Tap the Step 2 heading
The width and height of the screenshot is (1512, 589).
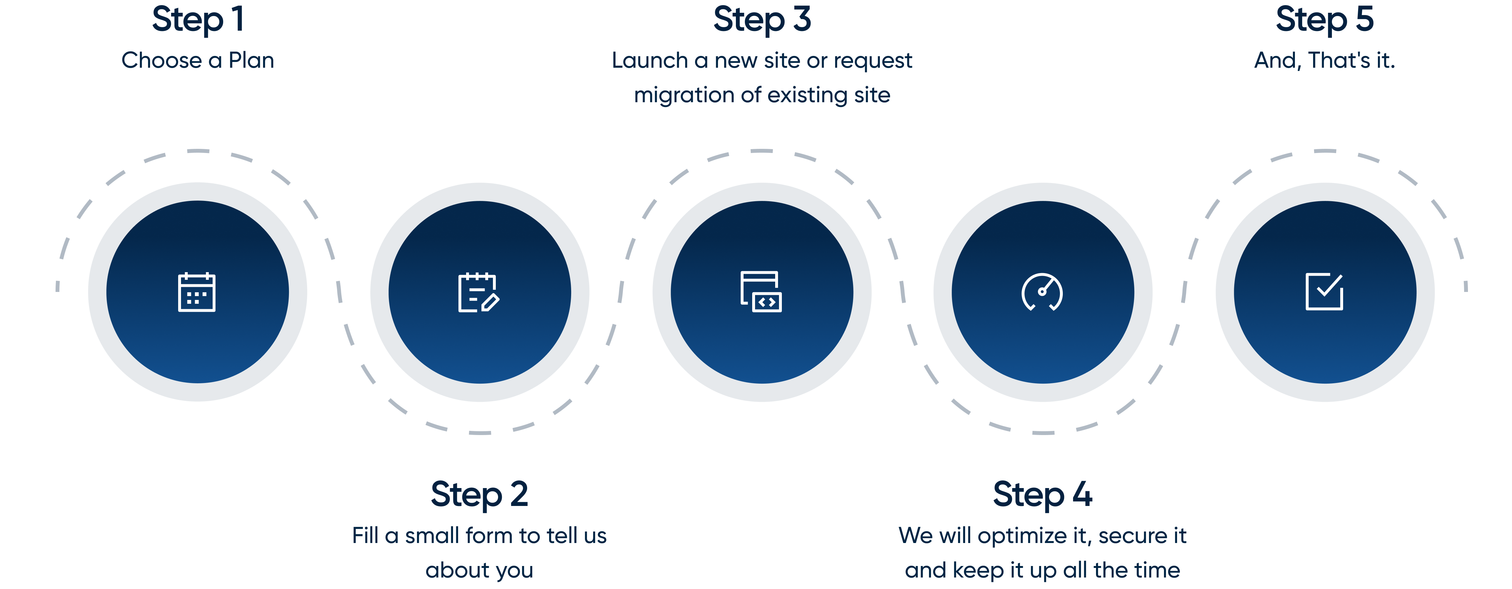point(480,494)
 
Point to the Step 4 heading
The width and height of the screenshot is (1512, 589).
point(1042,494)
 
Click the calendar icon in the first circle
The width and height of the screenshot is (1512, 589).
point(197,292)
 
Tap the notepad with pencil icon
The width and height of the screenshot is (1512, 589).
point(478,292)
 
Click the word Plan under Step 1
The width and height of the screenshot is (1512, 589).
point(251,60)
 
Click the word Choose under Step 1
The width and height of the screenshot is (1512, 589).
point(162,60)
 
